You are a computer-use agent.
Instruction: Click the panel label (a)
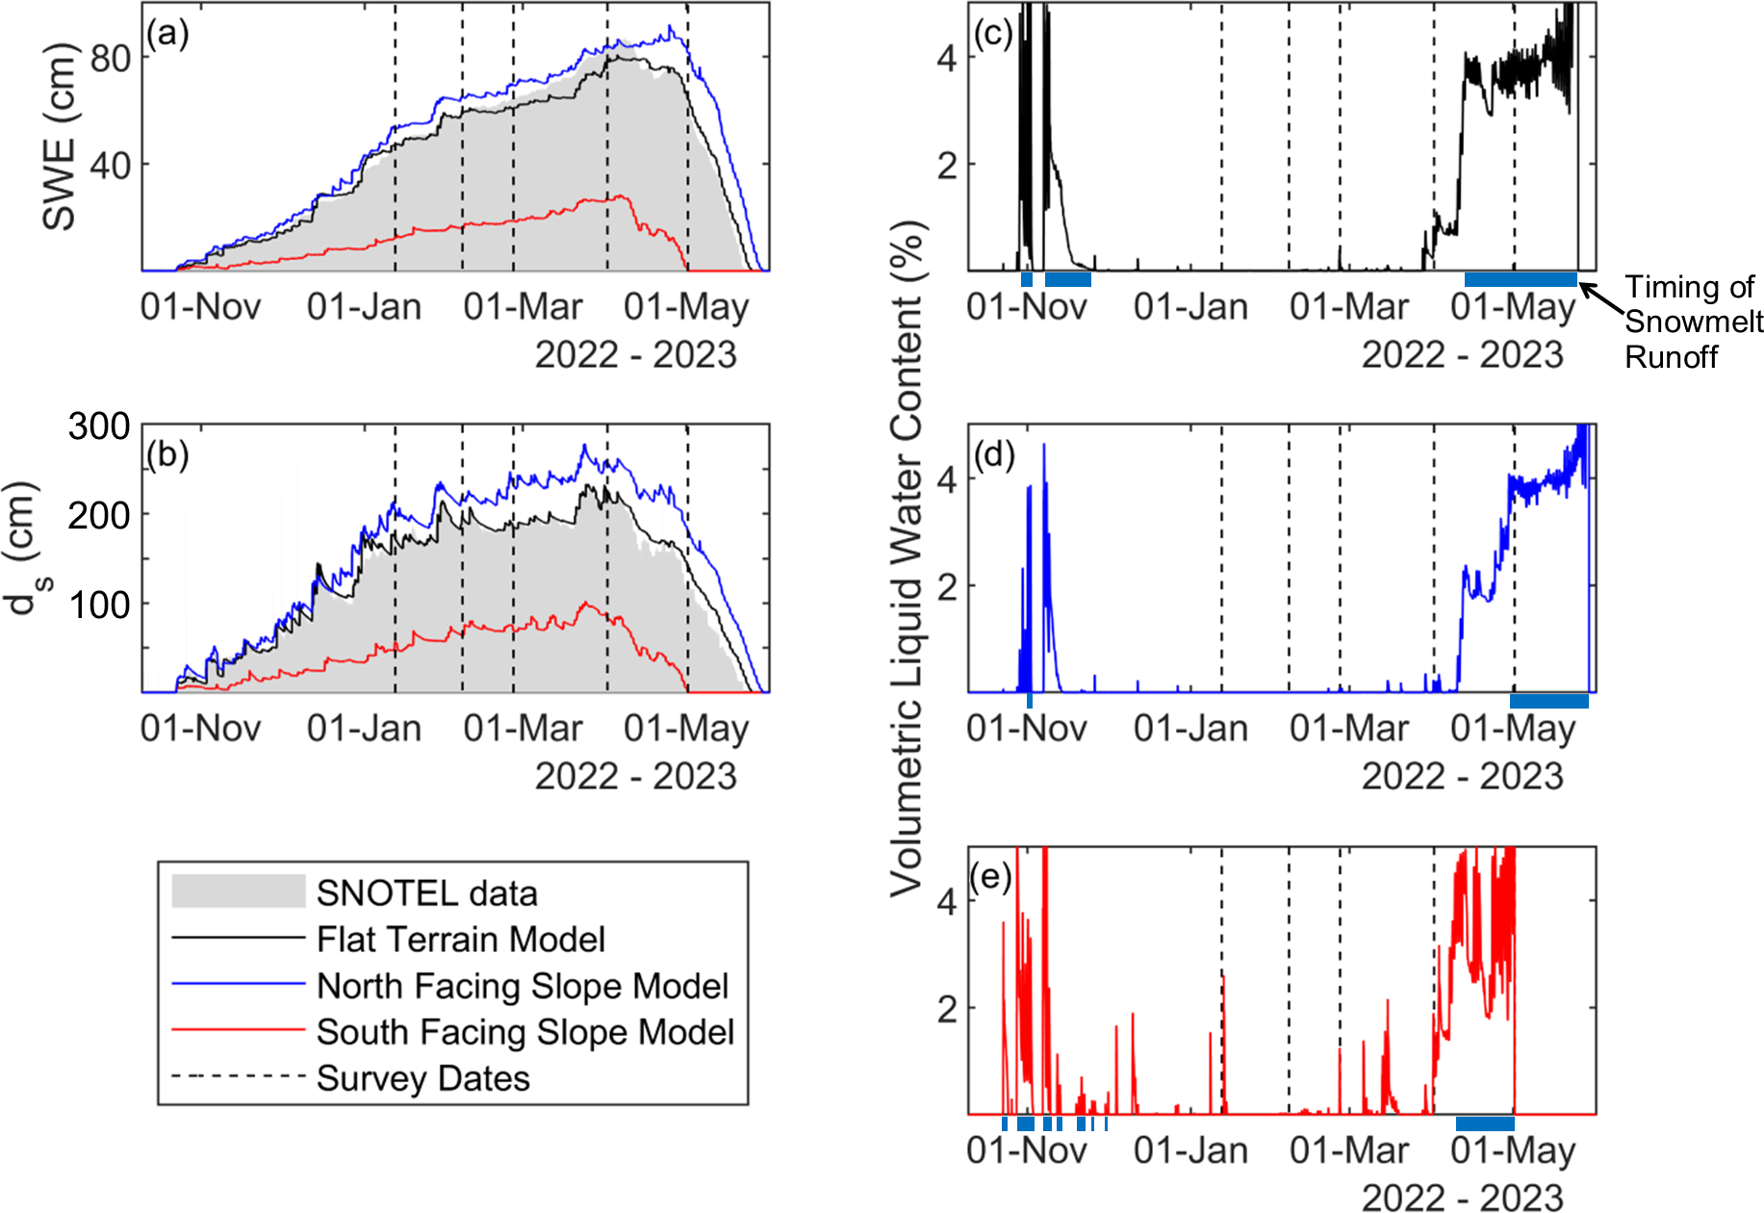point(167,35)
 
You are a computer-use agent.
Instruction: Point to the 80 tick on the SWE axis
point(110,59)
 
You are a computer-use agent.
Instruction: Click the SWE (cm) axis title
point(59,137)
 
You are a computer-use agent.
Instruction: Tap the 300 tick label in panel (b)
point(98,426)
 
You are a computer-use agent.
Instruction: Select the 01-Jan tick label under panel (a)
point(364,307)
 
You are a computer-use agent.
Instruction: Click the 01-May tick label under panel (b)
point(686,729)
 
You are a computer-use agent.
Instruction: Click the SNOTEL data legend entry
point(426,893)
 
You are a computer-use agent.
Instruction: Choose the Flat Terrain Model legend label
point(461,940)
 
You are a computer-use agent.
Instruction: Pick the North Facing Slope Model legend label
point(523,986)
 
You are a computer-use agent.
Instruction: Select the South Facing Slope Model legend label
point(525,1032)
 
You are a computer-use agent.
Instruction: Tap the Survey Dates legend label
point(423,1078)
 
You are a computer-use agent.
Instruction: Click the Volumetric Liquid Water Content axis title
point(907,558)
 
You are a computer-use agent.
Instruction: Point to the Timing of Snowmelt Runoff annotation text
point(1693,322)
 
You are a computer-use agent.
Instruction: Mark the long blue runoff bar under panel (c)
point(1521,280)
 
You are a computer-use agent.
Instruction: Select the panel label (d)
point(994,454)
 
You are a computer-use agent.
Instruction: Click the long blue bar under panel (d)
point(1548,701)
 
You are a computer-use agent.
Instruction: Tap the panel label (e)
point(991,877)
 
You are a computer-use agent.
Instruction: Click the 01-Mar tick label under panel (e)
point(1348,1150)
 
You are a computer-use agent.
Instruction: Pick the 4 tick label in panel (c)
point(947,59)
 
